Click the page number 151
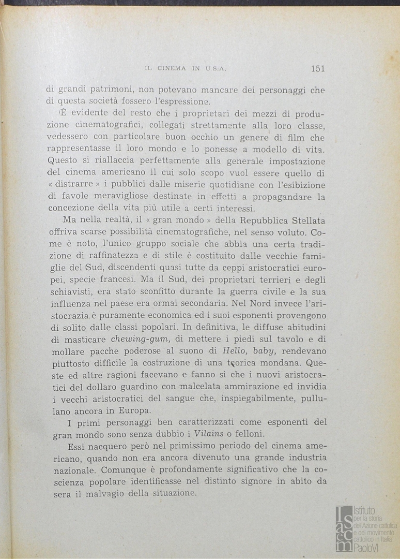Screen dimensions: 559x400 (318, 68)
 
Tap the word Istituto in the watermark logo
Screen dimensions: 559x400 (365, 510)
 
